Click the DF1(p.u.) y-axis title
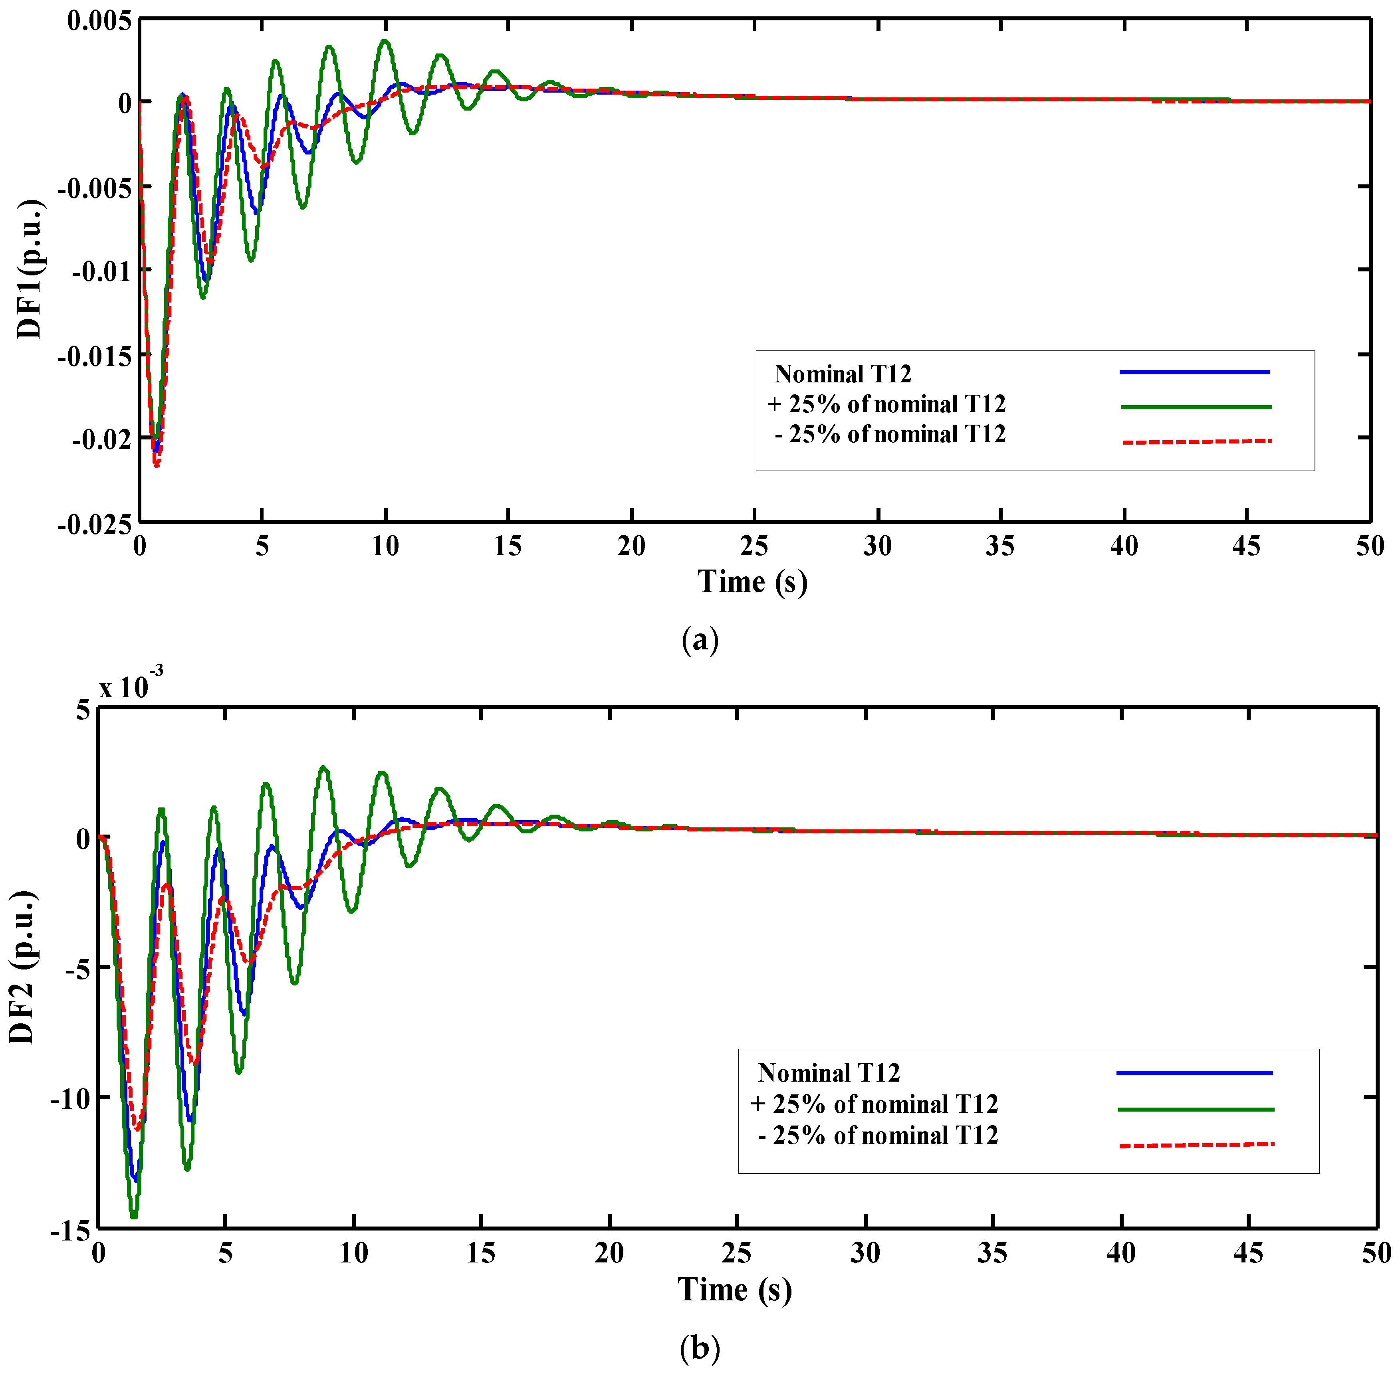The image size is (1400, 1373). coord(30,269)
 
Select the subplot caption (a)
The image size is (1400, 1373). coord(700,640)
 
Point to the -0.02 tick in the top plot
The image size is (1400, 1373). coord(102,438)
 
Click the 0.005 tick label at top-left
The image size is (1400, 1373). coord(99,21)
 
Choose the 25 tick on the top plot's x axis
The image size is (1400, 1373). coord(754,546)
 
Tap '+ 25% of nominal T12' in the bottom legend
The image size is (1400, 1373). coord(874,1104)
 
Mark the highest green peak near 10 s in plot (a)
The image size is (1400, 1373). coord(385,41)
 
